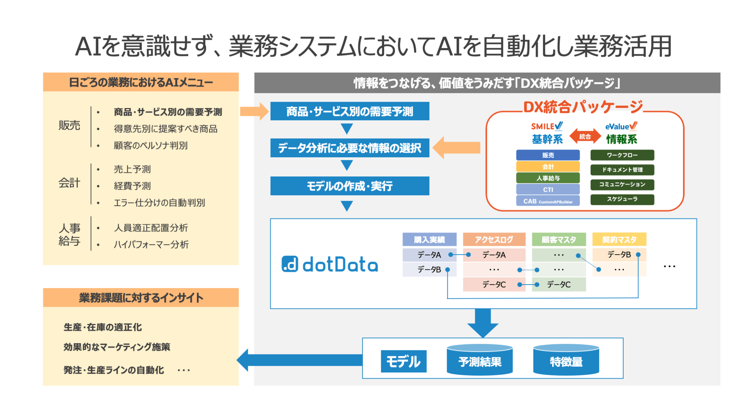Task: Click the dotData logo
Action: (x=330, y=264)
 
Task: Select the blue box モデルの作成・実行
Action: (x=349, y=186)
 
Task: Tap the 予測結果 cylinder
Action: (x=479, y=360)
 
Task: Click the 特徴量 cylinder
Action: (x=566, y=360)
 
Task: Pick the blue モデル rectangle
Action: (x=403, y=361)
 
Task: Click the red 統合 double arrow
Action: (x=585, y=136)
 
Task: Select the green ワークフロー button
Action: (x=622, y=155)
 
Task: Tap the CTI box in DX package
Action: (x=548, y=189)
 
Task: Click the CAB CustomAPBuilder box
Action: (x=548, y=201)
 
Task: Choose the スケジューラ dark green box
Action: (x=622, y=199)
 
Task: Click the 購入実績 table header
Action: (x=429, y=239)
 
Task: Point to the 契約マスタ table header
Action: (x=619, y=239)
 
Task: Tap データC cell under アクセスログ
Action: (x=494, y=285)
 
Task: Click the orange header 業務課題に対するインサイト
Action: (x=141, y=298)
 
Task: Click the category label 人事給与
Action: (x=69, y=234)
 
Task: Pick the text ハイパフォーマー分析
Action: (x=151, y=244)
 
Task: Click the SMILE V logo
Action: (x=547, y=126)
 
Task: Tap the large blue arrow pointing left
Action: (x=300, y=360)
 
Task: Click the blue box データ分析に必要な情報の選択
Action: (x=349, y=148)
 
